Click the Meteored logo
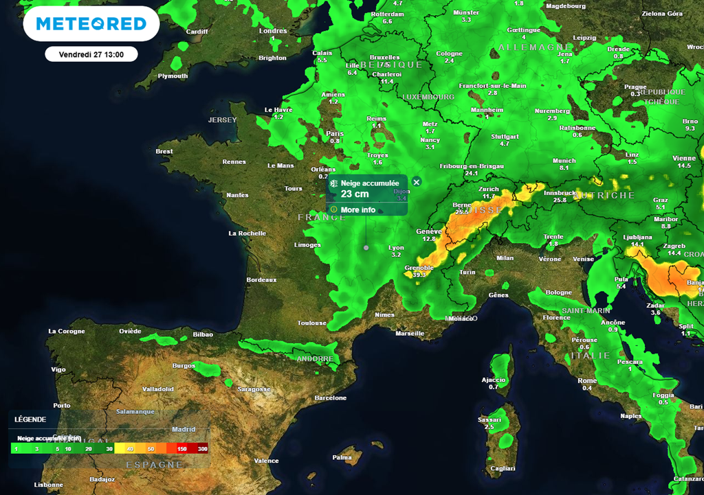click(x=91, y=24)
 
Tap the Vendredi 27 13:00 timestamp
click(x=91, y=54)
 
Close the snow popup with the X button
click(x=416, y=182)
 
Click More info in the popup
click(x=357, y=209)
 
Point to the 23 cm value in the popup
click(x=355, y=194)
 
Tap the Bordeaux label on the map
click(x=261, y=280)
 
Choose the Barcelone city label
click(x=330, y=398)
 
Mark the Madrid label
click(x=184, y=429)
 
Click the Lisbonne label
click(x=48, y=485)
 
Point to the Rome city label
click(x=587, y=380)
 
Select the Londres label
click(x=273, y=31)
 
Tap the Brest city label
click(x=164, y=152)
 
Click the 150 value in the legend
click(x=181, y=449)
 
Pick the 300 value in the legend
click(x=202, y=449)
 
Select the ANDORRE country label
click(x=315, y=359)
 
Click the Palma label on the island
click(x=342, y=457)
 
